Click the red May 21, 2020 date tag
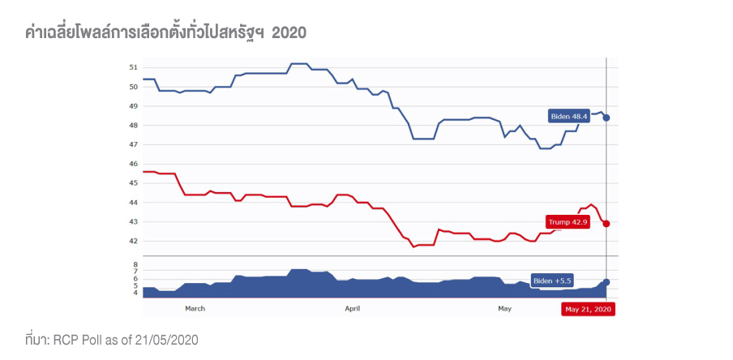pyautogui.click(x=589, y=309)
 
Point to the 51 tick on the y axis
pyautogui.click(x=134, y=67)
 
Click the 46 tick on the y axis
pyautogui.click(x=134, y=164)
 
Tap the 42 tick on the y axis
pyautogui.click(x=134, y=241)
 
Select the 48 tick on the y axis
pyautogui.click(x=134, y=125)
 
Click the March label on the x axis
pyautogui.click(x=195, y=309)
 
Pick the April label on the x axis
pyautogui.click(x=352, y=309)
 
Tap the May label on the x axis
pyautogui.click(x=504, y=309)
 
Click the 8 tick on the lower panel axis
pyautogui.click(x=135, y=265)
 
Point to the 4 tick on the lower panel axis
pyautogui.click(x=135, y=292)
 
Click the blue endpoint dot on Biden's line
pyautogui.click(x=607, y=118)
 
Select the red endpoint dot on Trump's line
pyautogui.click(x=607, y=223)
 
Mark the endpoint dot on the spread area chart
pyautogui.click(x=607, y=281)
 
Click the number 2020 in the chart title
pyautogui.click(x=289, y=32)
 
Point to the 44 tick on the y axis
pyautogui.click(x=134, y=203)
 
